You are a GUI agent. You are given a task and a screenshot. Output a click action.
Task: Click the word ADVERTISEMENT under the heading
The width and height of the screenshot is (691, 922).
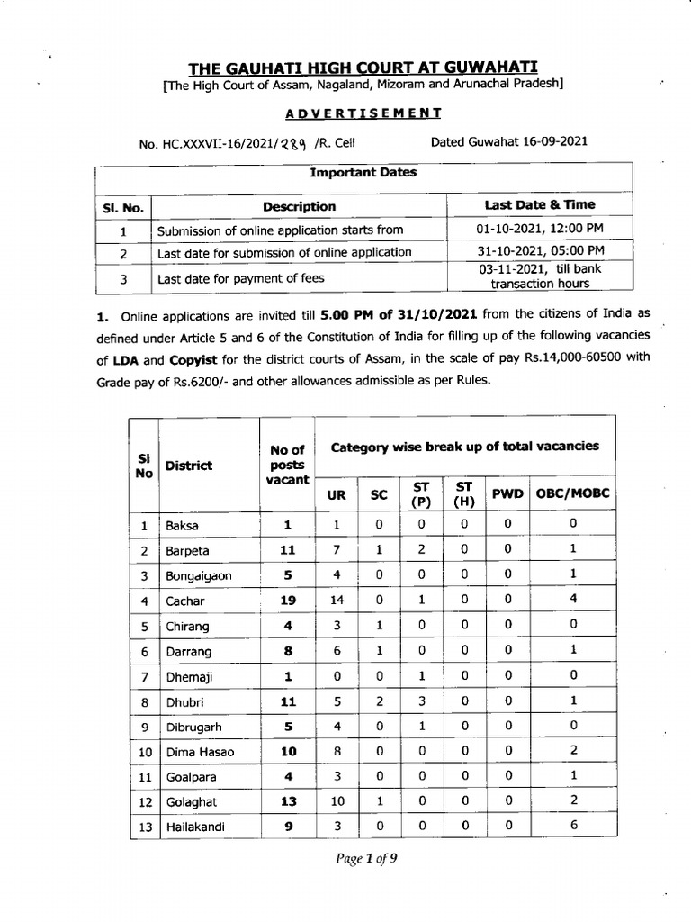363,113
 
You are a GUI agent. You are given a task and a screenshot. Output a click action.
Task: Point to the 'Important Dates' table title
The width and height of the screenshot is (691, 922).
363,172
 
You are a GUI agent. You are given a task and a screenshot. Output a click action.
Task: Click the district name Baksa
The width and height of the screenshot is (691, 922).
180,525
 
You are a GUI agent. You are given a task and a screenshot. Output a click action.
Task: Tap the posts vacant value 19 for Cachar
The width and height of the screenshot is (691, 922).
287,600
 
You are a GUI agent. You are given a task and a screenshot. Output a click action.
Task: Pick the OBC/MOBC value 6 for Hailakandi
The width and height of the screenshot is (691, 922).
573,825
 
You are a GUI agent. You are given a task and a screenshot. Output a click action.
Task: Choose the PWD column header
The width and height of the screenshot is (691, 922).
507,493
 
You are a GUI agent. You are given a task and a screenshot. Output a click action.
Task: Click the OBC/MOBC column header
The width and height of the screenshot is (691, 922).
573,493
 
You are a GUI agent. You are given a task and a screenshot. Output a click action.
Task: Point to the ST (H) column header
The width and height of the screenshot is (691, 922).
464,493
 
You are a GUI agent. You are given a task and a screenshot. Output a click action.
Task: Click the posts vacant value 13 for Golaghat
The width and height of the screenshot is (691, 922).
287,800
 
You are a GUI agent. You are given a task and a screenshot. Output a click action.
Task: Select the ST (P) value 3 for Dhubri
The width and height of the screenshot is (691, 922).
421,700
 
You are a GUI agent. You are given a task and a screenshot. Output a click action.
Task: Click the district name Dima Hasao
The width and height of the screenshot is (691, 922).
200,751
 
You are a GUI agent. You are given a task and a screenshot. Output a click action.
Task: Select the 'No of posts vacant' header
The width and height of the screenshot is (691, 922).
287,465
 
